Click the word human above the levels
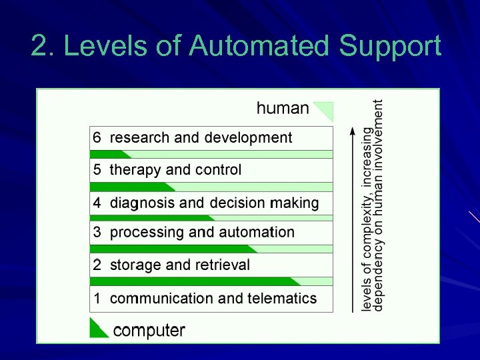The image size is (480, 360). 283,108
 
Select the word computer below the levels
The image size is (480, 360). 149,329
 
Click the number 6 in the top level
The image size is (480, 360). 97,137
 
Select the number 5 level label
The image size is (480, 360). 97,169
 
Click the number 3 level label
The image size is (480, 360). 97,232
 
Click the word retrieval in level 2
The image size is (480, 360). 222,265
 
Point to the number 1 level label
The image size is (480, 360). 97,298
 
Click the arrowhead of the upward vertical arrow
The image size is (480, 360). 353,131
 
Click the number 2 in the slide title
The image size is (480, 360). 39,47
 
